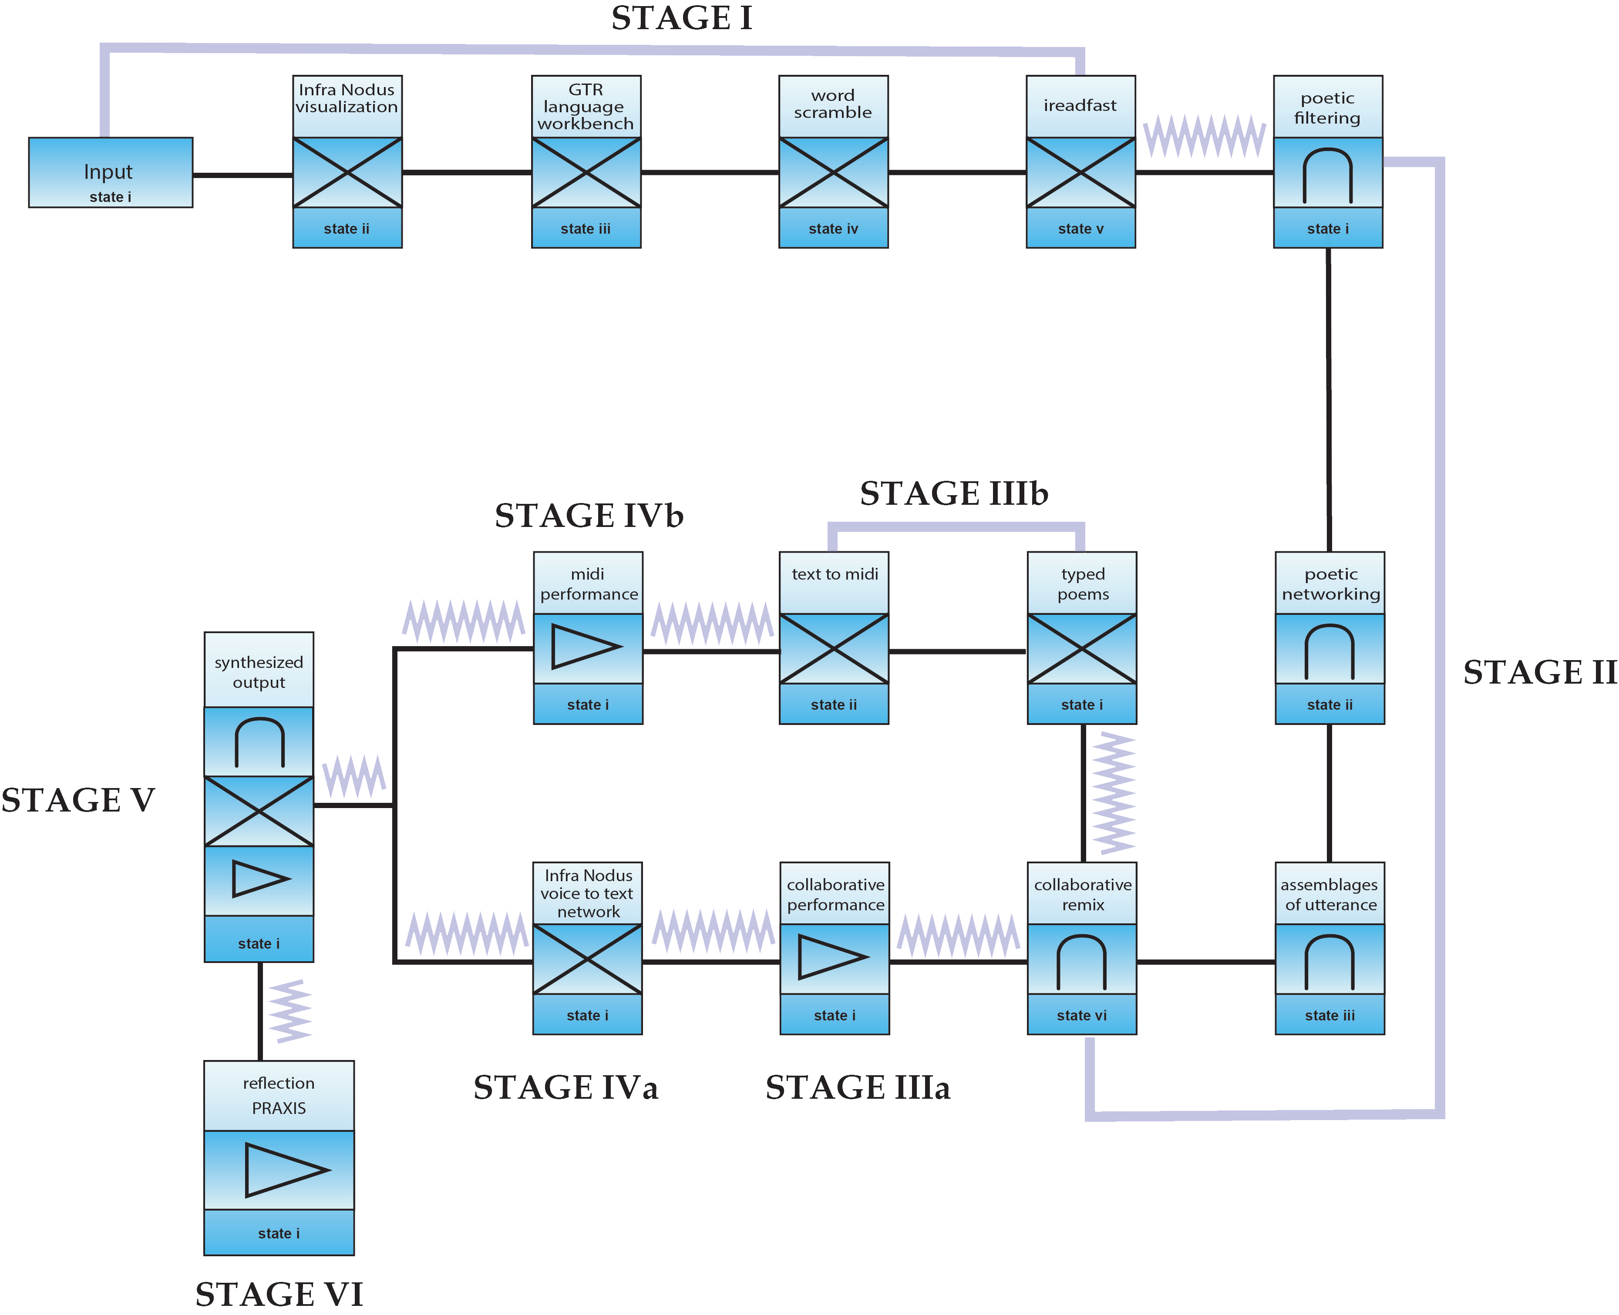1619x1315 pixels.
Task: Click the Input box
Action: (111, 173)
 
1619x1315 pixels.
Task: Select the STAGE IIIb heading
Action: (954, 494)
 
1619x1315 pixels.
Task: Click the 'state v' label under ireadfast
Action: (1080, 229)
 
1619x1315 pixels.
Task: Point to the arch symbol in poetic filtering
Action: (1327, 176)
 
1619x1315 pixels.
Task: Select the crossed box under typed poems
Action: (1082, 649)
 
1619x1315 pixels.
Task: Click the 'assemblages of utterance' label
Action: (1330, 895)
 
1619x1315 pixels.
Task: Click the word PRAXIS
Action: (279, 1108)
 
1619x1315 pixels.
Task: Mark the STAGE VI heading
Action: (279, 1294)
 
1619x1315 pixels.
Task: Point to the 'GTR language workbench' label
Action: (586, 107)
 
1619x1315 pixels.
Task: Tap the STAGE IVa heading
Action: (565, 1088)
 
